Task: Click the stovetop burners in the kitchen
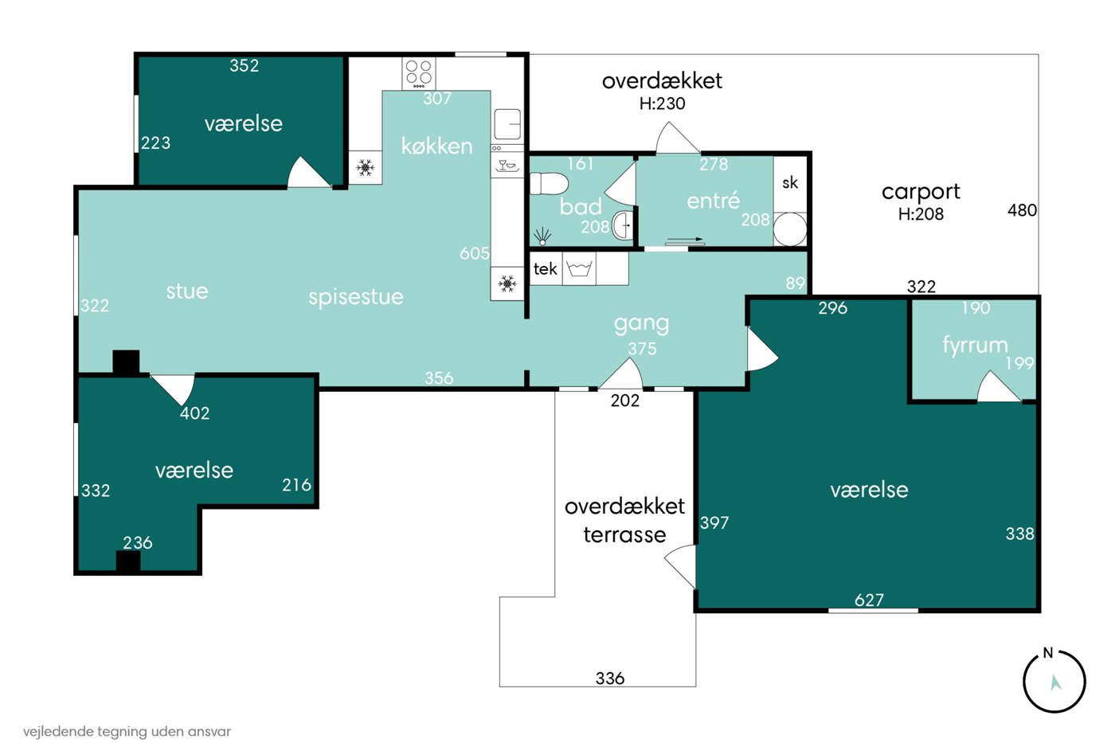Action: coord(419,73)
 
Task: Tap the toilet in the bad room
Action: coord(549,184)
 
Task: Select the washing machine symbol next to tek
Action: coord(579,268)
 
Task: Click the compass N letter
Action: coord(1048,653)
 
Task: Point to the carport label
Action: coord(921,192)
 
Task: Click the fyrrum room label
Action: coord(975,345)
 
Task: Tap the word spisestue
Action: coord(356,297)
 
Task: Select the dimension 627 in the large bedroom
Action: coord(869,600)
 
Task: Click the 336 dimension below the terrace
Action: coord(610,678)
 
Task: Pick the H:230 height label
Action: coord(662,104)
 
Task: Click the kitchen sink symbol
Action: coord(507,124)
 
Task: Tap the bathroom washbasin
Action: coord(622,225)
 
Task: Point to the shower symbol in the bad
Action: coord(542,236)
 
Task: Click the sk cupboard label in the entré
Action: coord(790,182)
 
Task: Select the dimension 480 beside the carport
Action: coord(1022,210)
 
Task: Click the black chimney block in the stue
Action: coord(126,362)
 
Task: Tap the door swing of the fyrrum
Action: coord(998,387)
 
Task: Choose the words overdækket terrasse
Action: coord(624,521)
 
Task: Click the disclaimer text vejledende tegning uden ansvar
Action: coord(127,732)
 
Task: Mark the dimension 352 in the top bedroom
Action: coord(244,65)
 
